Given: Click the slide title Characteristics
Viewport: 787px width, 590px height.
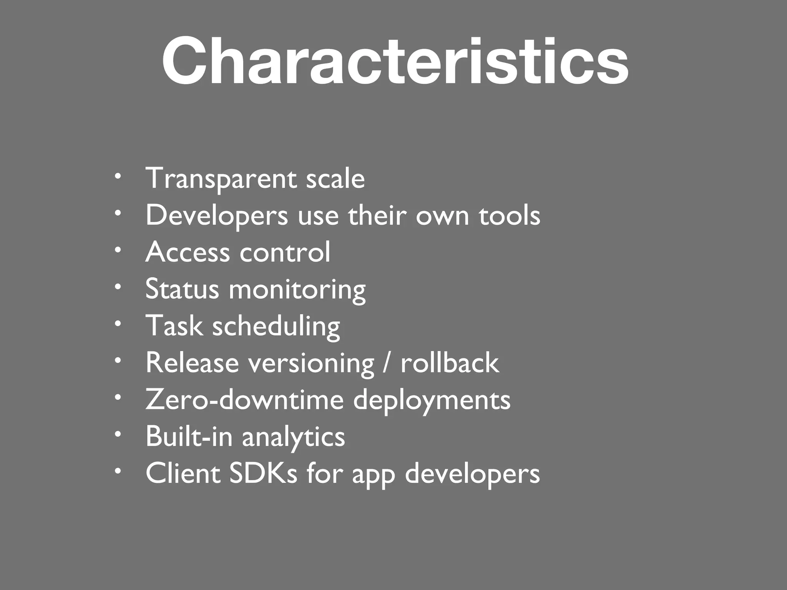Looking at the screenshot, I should (395, 61).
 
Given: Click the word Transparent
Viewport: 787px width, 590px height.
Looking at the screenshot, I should (221, 179).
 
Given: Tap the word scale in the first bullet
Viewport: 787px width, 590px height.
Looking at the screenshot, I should (335, 179).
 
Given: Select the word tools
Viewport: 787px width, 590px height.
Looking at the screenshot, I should (509, 215).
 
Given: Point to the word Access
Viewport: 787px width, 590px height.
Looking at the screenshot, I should (188, 252).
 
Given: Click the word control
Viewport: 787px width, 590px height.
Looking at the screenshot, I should (285, 252).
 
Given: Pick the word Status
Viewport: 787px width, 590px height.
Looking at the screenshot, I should (182, 289).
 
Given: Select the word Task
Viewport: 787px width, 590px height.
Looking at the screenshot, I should (174, 326).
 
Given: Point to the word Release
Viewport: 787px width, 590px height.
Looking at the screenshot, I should (192, 363).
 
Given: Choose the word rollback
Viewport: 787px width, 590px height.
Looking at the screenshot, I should (450, 363).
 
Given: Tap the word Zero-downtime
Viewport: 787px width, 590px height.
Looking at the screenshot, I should (244, 399).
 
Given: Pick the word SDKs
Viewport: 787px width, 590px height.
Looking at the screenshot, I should (263, 473).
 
